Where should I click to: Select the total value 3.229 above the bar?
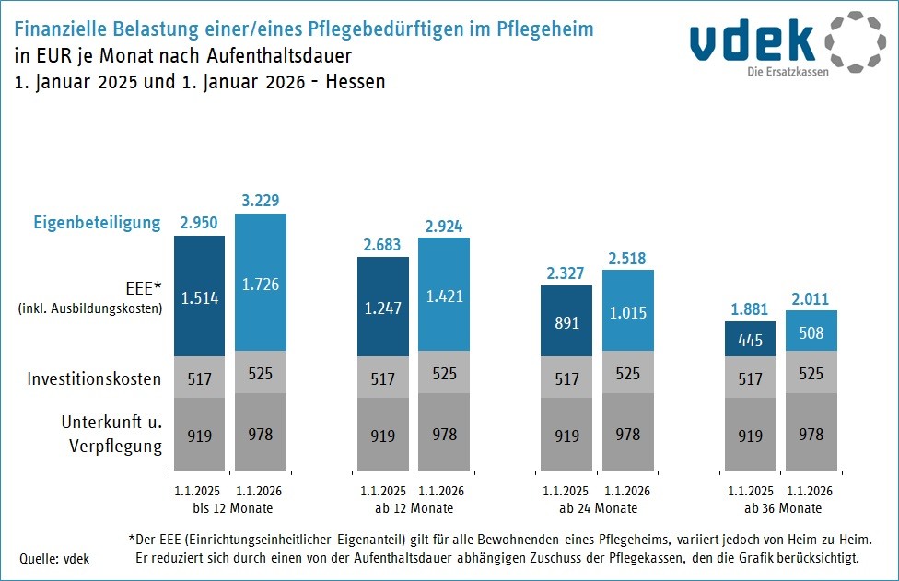click(x=260, y=200)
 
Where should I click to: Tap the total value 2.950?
click(x=199, y=222)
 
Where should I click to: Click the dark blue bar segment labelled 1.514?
click(x=199, y=296)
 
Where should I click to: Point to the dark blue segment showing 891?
click(x=566, y=322)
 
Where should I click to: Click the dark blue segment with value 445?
click(x=750, y=340)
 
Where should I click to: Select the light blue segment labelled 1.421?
click(x=443, y=296)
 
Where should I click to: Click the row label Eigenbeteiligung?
click(x=97, y=223)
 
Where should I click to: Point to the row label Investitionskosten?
click(x=94, y=378)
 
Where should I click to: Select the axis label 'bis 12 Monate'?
click(x=229, y=508)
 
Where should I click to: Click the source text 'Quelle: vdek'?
click(x=54, y=558)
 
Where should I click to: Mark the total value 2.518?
click(x=627, y=256)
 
